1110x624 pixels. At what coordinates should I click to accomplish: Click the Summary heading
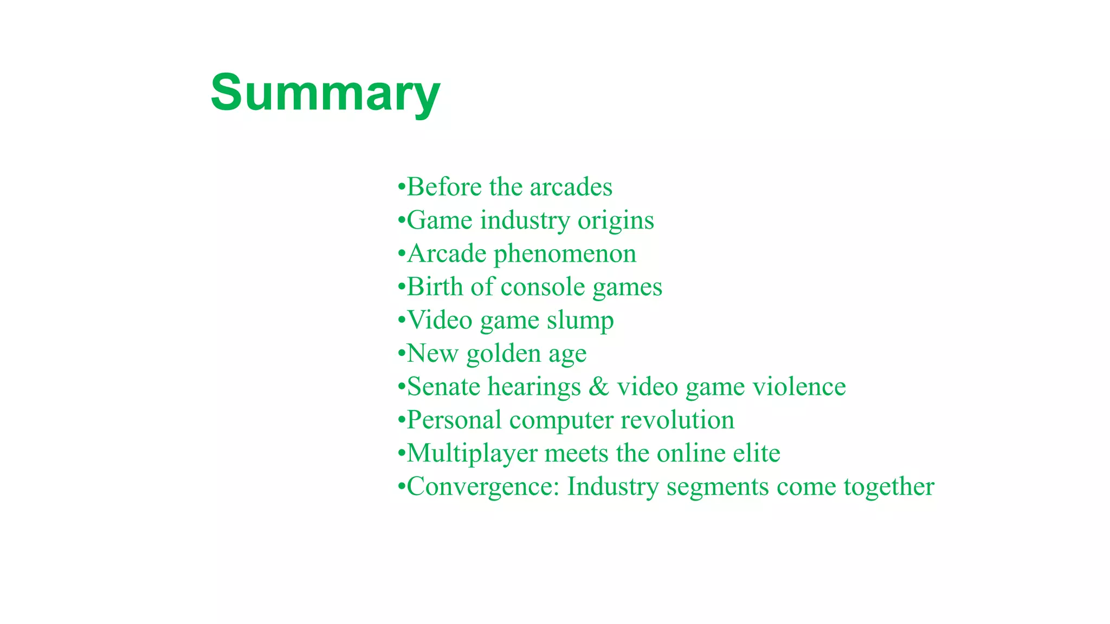pos(325,93)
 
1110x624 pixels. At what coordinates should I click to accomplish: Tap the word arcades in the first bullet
pos(571,187)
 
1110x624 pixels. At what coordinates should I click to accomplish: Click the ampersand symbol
pos(599,387)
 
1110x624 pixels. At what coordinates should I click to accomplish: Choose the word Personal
pos(454,420)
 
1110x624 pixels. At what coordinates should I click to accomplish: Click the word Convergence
pos(482,487)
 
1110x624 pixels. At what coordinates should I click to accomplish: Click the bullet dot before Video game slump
pos(401,320)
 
